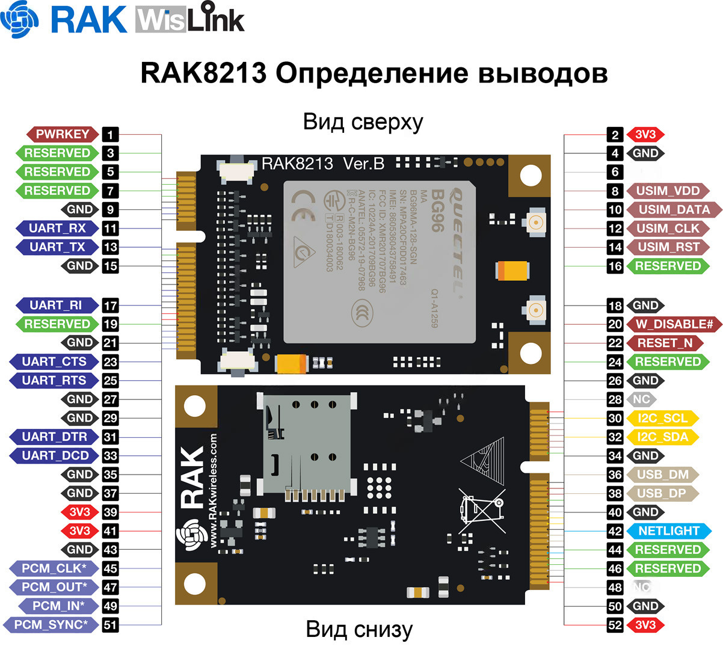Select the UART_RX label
click(57, 229)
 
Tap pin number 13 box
click(110, 247)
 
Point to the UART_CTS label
click(54, 361)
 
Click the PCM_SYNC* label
click(50, 625)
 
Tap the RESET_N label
click(665, 343)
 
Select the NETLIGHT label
click(668, 531)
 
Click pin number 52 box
click(615, 625)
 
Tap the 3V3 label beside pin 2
click(645, 135)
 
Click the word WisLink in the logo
click(190, 20)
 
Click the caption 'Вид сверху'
click(363, 122)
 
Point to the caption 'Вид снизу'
click(359, 630)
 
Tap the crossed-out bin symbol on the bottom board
click(480, 510)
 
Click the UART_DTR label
click(54, 437)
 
